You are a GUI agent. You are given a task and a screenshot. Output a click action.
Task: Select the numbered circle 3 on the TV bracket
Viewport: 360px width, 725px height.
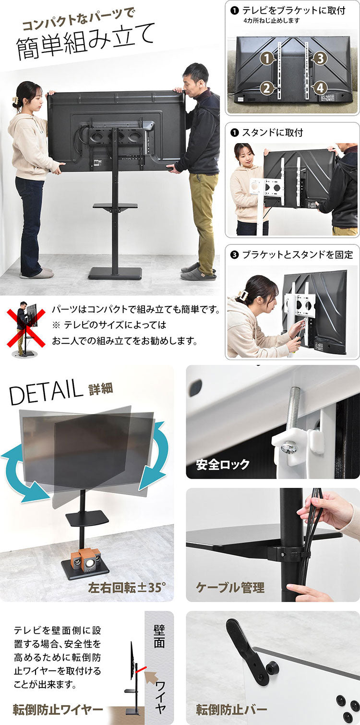pos(320,59)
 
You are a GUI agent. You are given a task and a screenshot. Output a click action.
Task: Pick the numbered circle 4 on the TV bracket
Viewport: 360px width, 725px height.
pos(320,88)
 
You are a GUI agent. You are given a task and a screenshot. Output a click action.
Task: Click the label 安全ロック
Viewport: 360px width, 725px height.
pos(223,464)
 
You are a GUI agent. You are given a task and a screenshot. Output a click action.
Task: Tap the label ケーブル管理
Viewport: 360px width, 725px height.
pos(230,587)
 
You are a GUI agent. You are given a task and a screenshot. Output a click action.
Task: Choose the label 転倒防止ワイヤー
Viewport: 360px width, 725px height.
pos(58,710)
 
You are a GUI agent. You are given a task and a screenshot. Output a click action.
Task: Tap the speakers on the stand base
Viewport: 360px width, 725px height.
pos(86,560)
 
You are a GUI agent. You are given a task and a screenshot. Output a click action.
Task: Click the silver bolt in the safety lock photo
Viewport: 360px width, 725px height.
pos(292,418)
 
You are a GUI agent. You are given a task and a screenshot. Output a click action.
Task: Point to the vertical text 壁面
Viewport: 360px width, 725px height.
pos(159,636)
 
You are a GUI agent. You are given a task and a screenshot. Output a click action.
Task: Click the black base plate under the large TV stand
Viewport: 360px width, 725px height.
pos(115,273)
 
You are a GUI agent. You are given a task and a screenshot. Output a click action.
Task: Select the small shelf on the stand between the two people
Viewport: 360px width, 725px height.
pos(115,206)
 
